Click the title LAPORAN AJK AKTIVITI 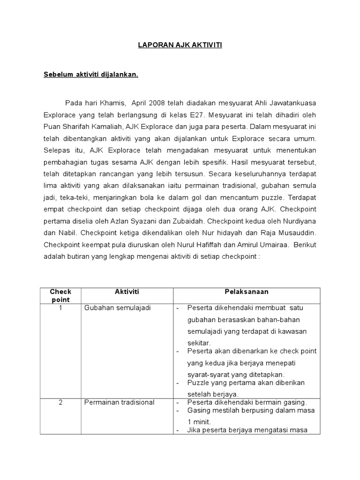click(x=180, y=45)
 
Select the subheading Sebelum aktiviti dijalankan click(x=91, y=74)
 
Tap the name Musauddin click(x=297, y=233)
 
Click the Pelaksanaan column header click(x=247, y=292)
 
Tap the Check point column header click(x=60, y=295)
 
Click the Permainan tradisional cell click(x=119, y=402)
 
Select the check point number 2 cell click(x=60, y=402)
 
